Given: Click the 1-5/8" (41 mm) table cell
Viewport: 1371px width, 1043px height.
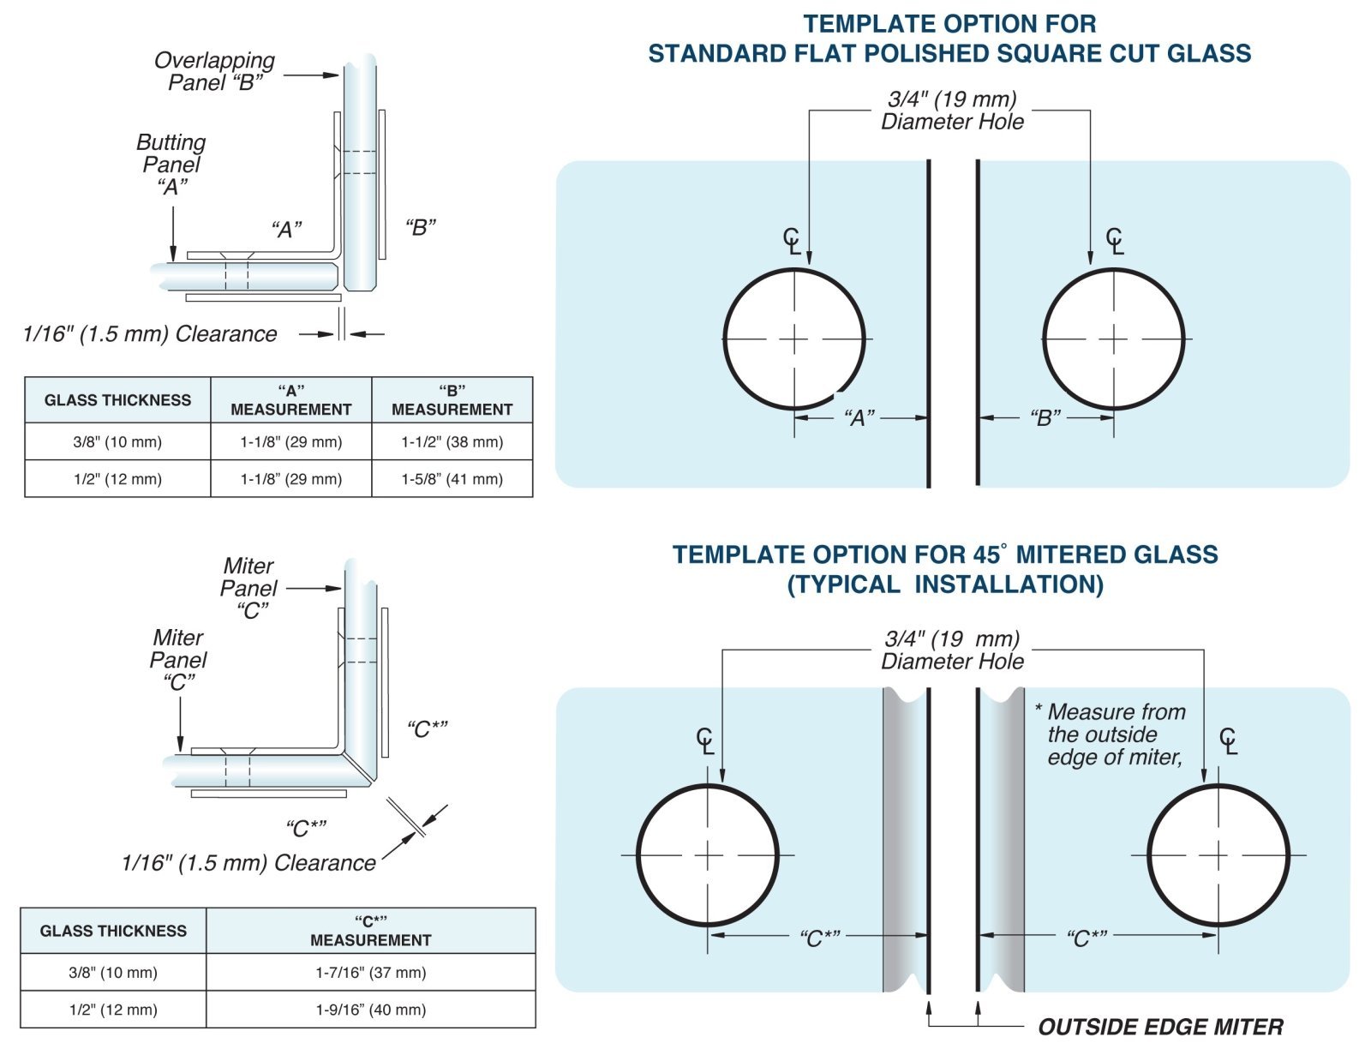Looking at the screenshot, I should coord(452,479).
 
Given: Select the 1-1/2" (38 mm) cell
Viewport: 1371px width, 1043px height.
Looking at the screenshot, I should coord(452,442).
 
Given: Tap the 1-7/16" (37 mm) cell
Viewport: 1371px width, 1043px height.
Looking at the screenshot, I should coord(370,973).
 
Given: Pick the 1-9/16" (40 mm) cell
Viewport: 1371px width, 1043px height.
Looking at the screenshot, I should coord(370,1010).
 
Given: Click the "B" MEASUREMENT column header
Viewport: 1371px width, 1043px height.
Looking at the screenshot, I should coord(452,400).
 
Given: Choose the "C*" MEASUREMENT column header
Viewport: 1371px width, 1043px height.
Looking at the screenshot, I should coord(370,931).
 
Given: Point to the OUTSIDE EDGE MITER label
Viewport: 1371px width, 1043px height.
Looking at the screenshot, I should coord(1160,1027).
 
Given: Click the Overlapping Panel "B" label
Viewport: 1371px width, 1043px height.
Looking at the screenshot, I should coord(214,71).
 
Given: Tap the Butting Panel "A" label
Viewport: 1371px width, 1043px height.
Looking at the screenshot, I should coord(171,164).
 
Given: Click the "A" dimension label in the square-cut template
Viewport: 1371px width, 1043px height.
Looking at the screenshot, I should coord(859,418).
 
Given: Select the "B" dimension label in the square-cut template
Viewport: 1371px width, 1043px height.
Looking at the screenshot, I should coord(1045,418).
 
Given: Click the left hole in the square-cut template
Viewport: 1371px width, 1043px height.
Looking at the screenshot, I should coord(794,339).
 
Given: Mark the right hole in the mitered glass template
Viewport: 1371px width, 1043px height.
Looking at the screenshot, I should coord(1218,855).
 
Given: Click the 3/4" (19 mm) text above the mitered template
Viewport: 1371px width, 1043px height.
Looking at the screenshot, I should coord(952,638).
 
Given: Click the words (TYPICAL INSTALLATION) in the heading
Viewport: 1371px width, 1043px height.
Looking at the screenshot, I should coord(945,584).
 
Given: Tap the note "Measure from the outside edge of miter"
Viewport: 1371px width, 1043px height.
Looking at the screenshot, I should coord(1114,734).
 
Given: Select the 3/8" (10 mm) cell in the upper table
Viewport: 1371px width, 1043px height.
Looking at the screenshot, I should coord(117,442).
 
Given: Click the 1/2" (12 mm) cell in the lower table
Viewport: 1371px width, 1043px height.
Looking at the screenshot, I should coord(113,1010).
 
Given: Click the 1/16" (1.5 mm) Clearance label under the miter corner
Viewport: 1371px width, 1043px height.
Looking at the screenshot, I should coord(248,862).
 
